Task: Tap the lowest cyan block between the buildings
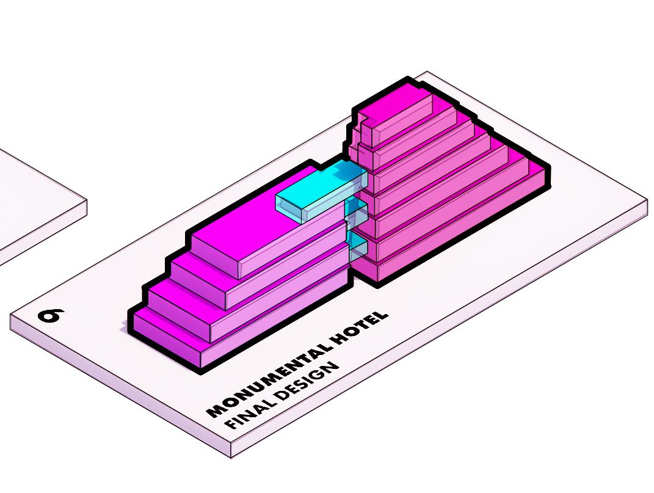pyautogui.click(x=358, y=247)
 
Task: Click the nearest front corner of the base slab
pyautogui.click(x=231, y=455)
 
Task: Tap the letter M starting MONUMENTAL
pyautogui.click(x=214, y=410)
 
